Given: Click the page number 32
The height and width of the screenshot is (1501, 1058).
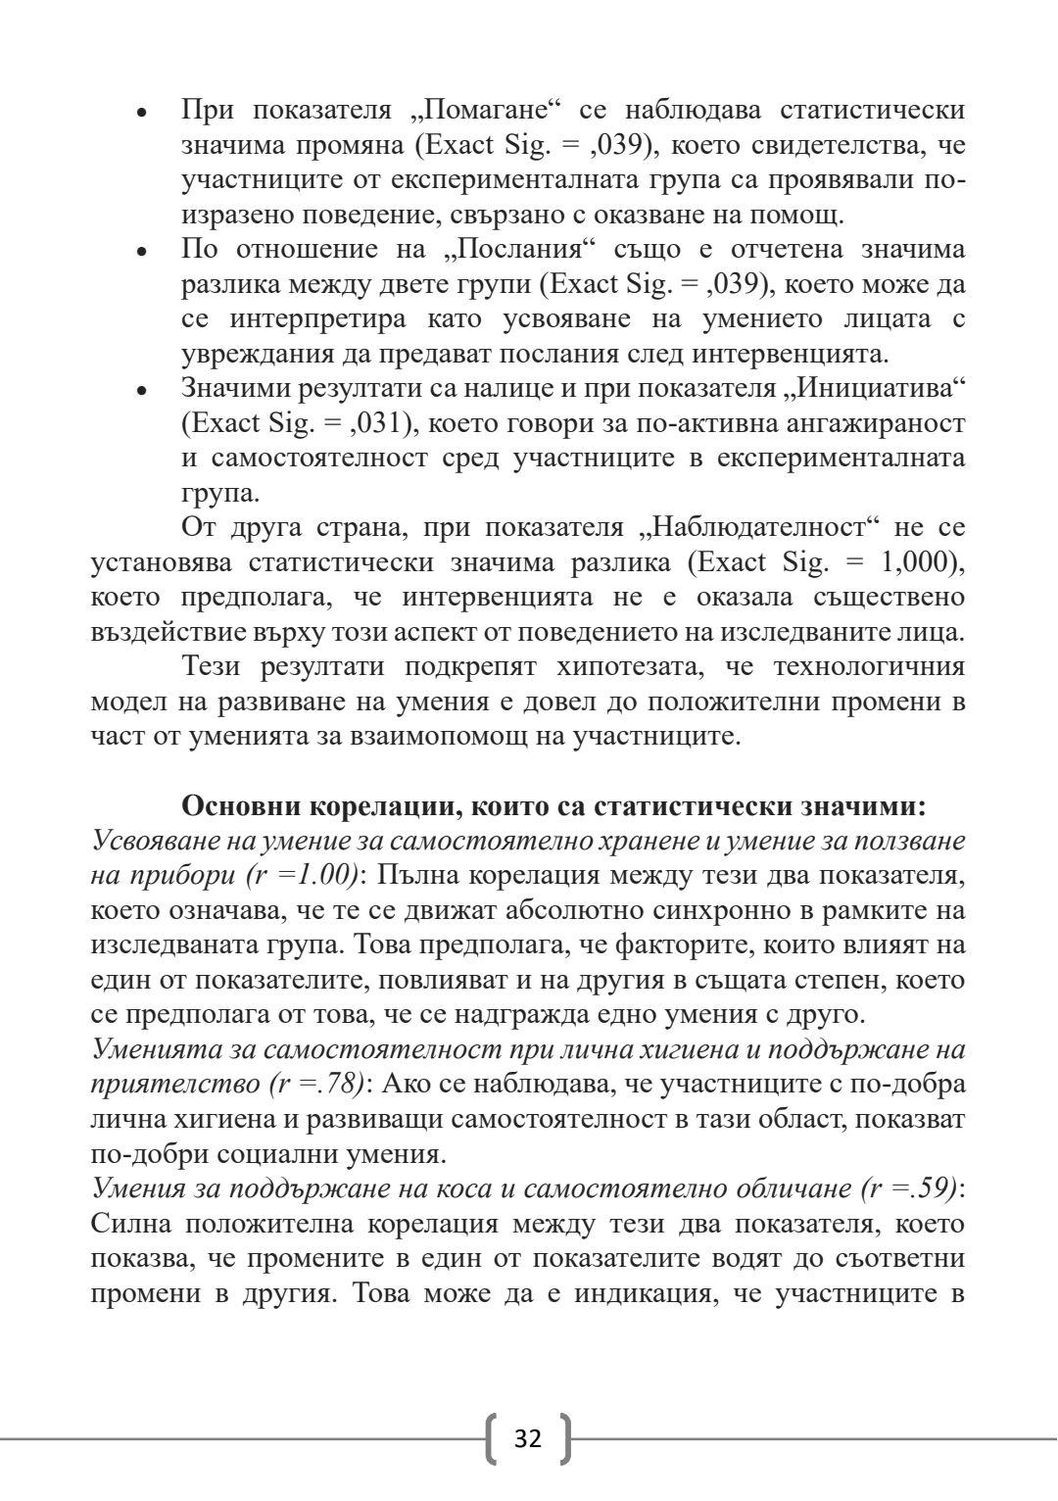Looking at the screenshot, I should pyautogui.click(x=528, y=1438).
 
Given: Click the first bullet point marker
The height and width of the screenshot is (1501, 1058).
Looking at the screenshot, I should pyautogui.click(x=142, y=113).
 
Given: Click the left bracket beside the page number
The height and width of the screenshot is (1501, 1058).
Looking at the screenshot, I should pyautogui.click(x=493, y=1438).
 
